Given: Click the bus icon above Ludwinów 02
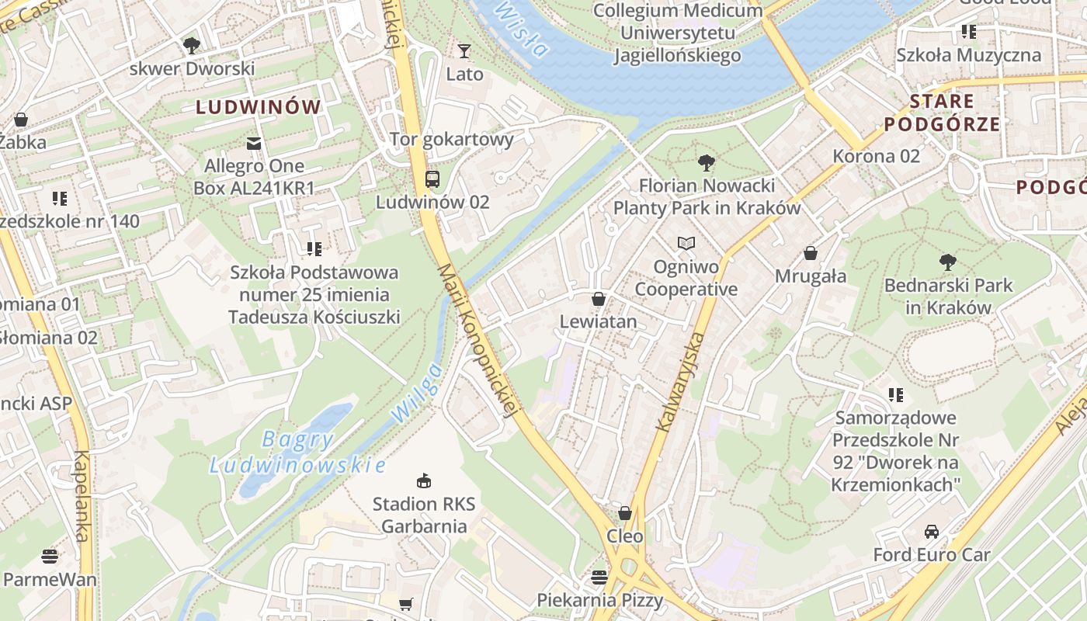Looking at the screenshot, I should pyautogui.click(x=432, y=179).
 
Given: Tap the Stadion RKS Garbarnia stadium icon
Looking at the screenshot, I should pyautogui.click(x=423, y=480).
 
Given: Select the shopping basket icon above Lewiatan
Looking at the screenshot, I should pyautogui.click(x=599, y=299).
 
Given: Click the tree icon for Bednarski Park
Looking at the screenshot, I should pyautogui.click(x=947, y=262).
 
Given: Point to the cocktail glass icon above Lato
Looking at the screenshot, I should pyautogui.click(x=464, y=51).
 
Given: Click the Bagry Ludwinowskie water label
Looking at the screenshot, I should pyautogui.click(x=298, y=453).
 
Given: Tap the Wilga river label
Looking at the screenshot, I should pyautogui.click(x=417, y=393).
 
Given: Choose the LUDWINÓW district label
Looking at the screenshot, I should pyautogui.click(x=258, y=107).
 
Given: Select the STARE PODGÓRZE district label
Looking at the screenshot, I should pyautogui.click(x=941, y=113).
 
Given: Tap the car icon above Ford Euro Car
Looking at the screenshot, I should pyautogui.click(x=932, y=532).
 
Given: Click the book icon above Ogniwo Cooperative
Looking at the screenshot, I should pyautogui.click(x=686, y=244).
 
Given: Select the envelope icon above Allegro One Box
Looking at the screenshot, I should pyautogui.click(x=254, y=143).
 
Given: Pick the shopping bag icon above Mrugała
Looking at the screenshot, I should pyautogui.click(x=811, y=253).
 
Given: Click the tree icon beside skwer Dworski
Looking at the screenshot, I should pyautogui.click(x=192, y=46).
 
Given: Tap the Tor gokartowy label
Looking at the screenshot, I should pyautogui.click(x=451, y=140).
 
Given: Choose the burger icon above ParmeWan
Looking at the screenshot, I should pyautogui.click(x=50, y=556).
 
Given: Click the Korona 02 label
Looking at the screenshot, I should pyautogui.click(x=876, y=156).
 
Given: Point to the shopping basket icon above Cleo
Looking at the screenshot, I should pyautogui.click(x=625, y=513).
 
